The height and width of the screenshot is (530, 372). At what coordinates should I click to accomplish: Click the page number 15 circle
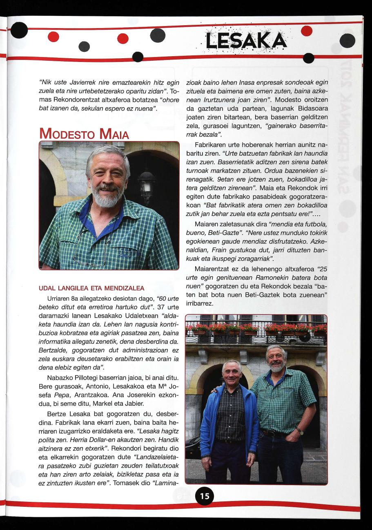tap(205, 496)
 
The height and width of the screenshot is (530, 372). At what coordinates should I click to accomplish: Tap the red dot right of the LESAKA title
tap(306, 31)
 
